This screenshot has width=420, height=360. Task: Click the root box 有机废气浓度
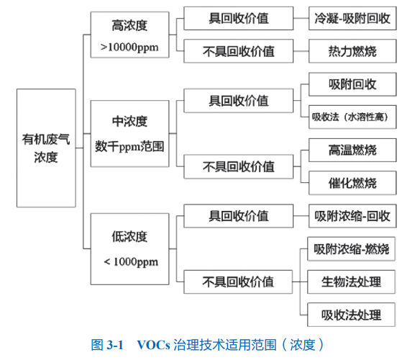46,148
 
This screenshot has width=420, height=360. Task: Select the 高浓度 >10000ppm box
129,35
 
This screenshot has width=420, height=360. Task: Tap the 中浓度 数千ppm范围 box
129,134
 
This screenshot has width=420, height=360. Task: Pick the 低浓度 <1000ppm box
129,249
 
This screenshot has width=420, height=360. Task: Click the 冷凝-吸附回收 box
352,18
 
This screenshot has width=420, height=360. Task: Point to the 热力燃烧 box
352,51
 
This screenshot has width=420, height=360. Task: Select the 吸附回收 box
352,84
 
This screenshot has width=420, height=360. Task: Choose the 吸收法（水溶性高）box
352,117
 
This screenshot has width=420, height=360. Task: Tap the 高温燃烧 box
352,150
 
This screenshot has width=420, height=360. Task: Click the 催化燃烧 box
352,183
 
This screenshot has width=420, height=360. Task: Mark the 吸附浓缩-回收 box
352,216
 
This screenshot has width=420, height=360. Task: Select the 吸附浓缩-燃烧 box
351,248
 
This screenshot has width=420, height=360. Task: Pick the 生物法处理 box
351,282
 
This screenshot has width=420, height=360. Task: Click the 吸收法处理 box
351,315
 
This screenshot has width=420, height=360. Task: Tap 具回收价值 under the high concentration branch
238,18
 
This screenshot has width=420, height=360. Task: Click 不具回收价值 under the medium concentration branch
238,166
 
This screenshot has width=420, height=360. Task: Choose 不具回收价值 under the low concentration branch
238,282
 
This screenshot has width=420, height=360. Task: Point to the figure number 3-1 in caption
115,345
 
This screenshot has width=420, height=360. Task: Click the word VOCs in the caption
153,345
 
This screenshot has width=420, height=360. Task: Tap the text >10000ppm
129,48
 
